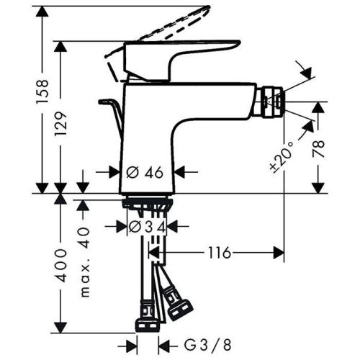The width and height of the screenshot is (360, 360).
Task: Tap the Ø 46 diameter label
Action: (x=147, y=172)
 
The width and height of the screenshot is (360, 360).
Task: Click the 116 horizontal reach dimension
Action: (x=220, y=253)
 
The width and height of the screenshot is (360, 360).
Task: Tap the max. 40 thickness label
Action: (x=86, y=264)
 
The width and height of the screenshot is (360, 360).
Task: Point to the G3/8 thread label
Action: (x=195, y=344)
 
